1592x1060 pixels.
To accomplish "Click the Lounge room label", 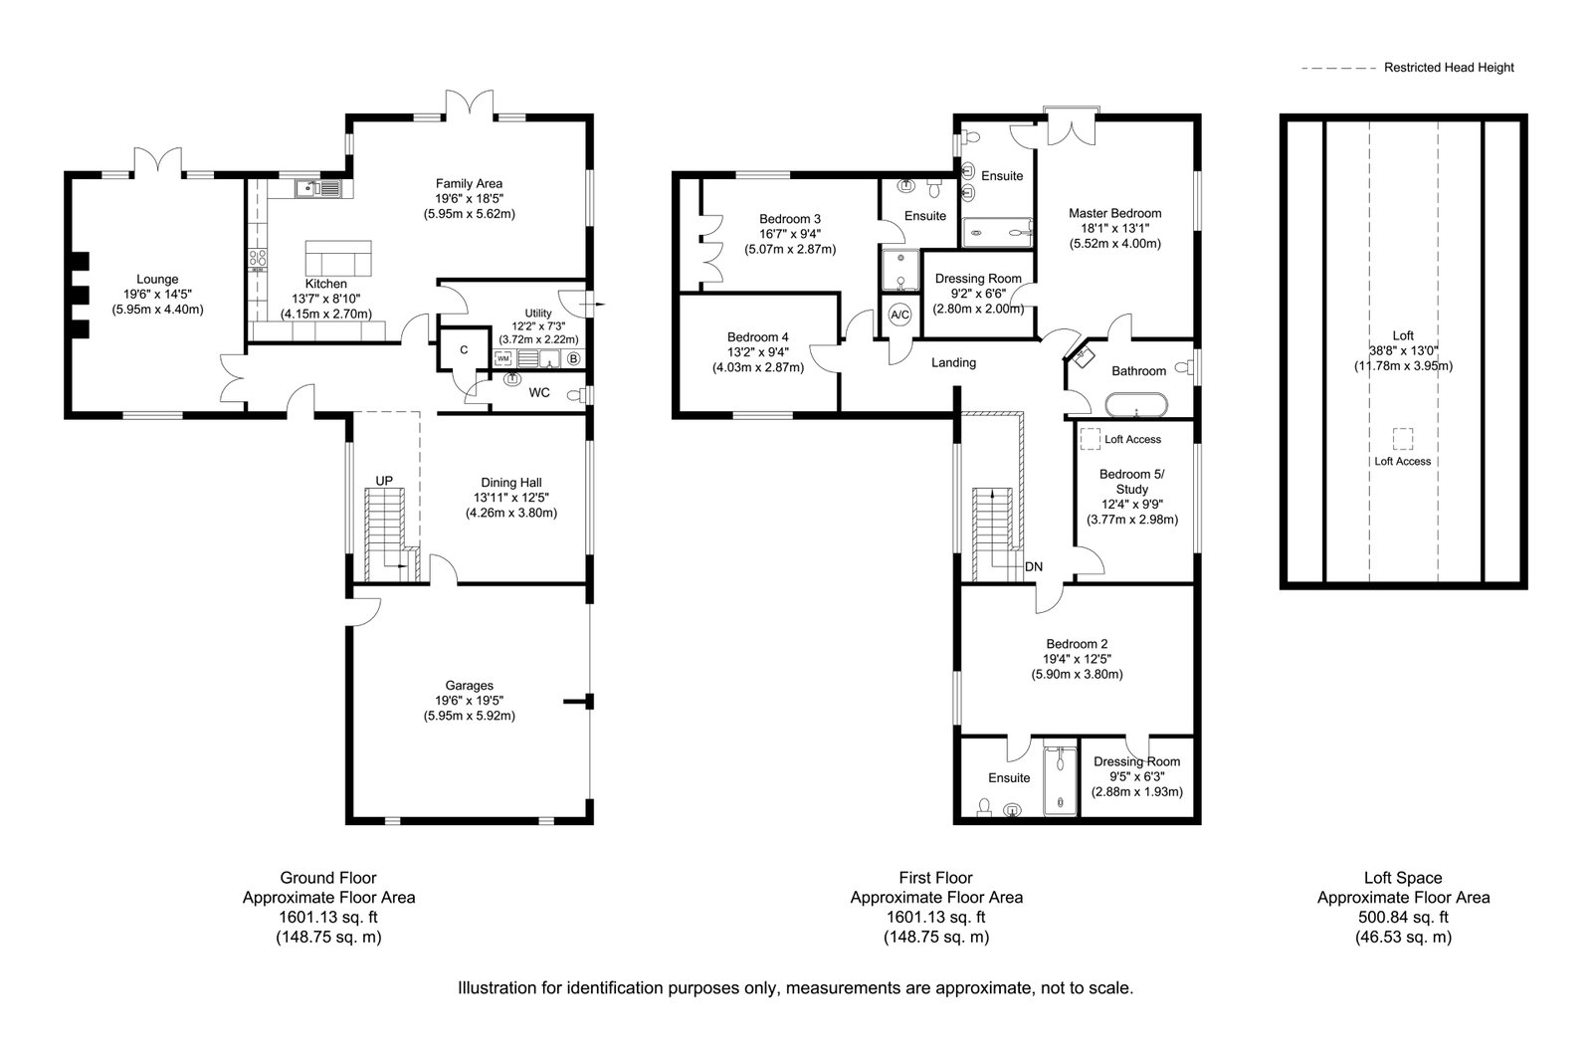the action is [x=157, y=280].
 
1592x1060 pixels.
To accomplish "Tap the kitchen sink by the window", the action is [x=318, y=189].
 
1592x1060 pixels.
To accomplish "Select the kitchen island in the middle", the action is [x=338, y=258].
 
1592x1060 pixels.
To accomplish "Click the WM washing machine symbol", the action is [x=503, y=358].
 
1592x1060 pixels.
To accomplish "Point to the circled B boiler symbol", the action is [x=573, y=359].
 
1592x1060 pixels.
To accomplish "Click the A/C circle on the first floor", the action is [x=899, y=315].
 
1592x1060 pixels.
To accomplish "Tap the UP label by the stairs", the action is [x=384, y=482].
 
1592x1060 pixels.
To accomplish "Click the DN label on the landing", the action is [x=1034, y=566].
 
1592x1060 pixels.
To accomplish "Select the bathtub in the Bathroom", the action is [x=1136, y=404].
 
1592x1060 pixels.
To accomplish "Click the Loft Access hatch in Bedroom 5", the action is [x=1091, y=439].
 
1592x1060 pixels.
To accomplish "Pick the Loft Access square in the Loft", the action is [x=1402, y=439].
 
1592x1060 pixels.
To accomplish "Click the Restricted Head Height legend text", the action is [x=1449, y=68].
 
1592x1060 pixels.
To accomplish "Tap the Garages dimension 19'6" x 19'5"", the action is [x=469, y=701].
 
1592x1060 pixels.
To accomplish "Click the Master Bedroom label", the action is [x=1115, y=213].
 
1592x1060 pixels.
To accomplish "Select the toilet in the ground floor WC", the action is [x=576, y=395].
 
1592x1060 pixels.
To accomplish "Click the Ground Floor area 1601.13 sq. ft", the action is [x=328, y=917].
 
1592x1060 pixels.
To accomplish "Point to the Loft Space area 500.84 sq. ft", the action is [x=1404, y=917].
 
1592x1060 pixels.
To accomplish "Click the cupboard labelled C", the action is [x=464, y=349].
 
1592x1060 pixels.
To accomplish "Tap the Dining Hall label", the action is [x=511, y=483].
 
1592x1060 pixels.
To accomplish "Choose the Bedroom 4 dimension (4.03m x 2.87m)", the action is [x=758, y=367].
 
